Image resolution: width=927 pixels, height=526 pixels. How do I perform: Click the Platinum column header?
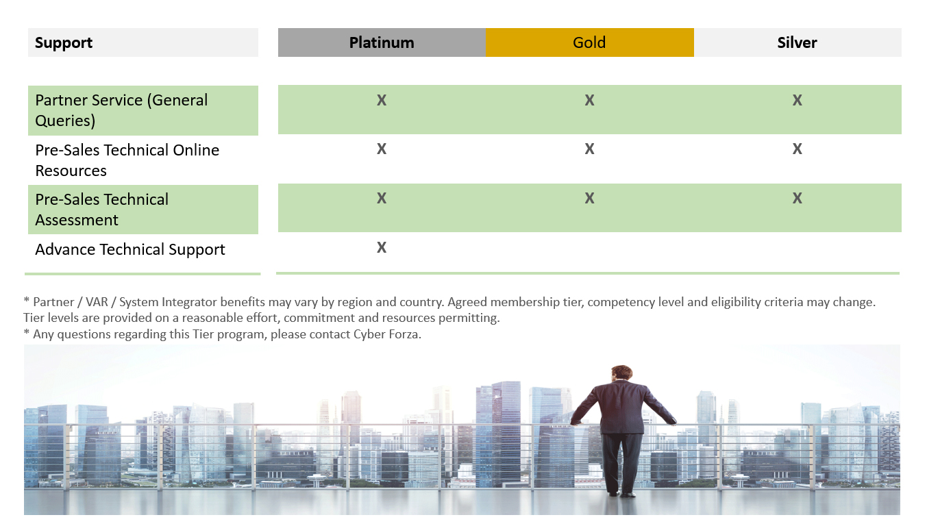coord(382,42)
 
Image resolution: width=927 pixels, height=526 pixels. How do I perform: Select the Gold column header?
coord(590,42)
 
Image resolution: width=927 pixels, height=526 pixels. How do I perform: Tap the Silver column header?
coord(798,42)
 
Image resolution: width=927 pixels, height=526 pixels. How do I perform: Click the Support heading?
coord(64,42)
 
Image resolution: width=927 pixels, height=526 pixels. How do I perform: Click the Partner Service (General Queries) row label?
coord(121,110)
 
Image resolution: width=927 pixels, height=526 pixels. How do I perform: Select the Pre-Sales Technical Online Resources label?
coord(127,160)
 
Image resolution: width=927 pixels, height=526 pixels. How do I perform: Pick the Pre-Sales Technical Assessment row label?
coord(102,210)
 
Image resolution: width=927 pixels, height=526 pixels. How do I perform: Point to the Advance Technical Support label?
coord(130,249)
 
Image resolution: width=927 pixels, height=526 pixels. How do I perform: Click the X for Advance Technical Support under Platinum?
coord(382,247)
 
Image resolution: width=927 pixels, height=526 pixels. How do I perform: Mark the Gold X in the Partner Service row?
coord(590,100)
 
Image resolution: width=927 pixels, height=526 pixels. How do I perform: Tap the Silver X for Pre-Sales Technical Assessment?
coord(798,198)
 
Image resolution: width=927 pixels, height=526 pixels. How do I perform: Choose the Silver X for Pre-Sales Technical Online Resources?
coord(798,149)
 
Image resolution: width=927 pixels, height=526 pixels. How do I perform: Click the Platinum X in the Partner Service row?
coord(382,100)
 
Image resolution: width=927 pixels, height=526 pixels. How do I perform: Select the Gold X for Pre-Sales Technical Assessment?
coord(590,198)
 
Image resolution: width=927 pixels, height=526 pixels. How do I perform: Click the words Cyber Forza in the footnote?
coord(386,334)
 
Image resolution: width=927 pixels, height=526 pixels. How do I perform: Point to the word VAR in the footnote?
coord(97,302)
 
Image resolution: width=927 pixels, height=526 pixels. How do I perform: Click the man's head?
coord(621,373)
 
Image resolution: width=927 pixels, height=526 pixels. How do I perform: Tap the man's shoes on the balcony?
coord(621,494)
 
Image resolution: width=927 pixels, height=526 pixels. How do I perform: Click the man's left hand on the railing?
coord(575,423)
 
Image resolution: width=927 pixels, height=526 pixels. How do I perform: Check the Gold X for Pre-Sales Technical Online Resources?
coord(590,149)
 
